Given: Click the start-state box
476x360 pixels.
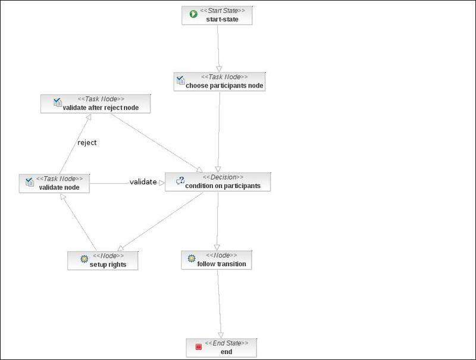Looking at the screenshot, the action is coord(217,15).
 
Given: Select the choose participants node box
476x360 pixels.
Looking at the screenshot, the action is coord(220,82).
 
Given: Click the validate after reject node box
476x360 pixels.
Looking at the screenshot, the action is coord(95,104).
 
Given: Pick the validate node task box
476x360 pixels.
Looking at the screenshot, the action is coord(55,183).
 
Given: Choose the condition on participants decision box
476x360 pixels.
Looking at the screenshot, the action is coord(217,182).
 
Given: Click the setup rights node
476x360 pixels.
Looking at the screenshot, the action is coord(104,260).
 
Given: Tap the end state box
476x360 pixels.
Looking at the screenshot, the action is coord(221,348).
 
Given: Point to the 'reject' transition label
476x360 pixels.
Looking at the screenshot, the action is coord(87,143).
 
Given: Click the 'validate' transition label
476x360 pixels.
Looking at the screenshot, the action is coord(143,182).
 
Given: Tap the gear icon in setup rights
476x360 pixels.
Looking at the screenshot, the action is coord(84,259).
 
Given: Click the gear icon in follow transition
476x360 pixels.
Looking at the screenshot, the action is coord(191,259).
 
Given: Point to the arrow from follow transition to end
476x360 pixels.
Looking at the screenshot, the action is coord(220,303).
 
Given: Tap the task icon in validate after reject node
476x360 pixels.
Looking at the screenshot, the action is coord(58,102).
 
